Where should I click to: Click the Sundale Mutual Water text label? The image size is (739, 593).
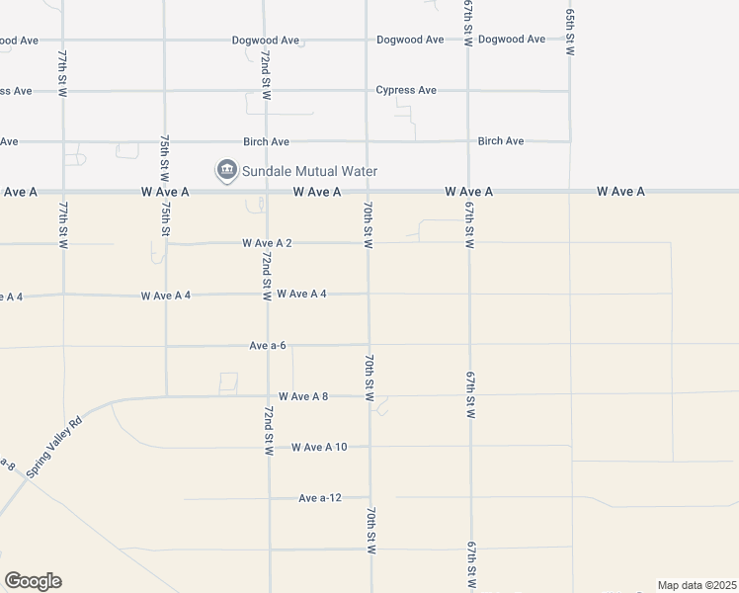click(309, 171)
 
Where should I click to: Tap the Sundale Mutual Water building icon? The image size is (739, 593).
click(226, 171)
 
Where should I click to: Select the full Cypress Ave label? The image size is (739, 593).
click(406, 90)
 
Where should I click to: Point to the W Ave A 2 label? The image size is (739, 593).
click(267, 242)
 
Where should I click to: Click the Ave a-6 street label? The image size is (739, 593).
click(268, 345)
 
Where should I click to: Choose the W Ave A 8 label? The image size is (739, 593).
click(303, 396)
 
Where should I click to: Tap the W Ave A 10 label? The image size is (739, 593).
click(319, 447)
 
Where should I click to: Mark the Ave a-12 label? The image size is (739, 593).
click(320, 498)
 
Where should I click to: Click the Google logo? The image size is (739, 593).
click(33, 581)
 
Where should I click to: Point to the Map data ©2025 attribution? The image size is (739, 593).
click(697, 585)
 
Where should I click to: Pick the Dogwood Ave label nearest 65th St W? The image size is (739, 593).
click(512, 40)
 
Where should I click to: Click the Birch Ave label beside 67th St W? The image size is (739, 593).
click(501, 141)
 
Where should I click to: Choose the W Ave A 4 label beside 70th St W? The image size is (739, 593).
click(301, 294)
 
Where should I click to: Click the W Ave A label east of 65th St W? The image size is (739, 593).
click(620, 191)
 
